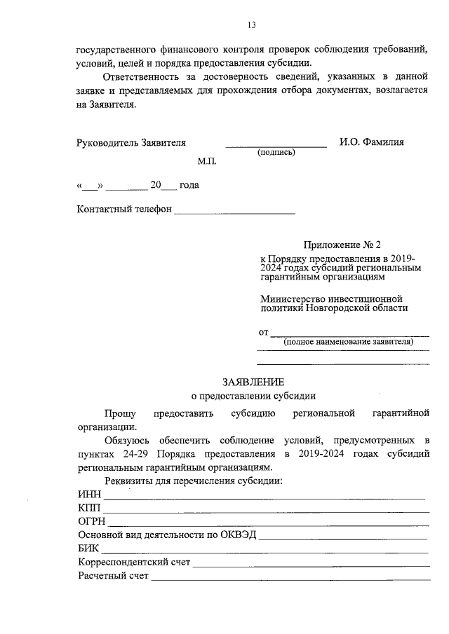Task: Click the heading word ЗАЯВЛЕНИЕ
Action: [253, 382]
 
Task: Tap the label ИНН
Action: [89, 495]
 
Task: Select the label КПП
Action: [89, 508]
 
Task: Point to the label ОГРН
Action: [92, 521]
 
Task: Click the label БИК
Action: [88, 549]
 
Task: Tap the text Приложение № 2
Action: [341, 245]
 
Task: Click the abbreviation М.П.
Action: [208, 161]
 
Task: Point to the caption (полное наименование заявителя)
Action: [348, 342]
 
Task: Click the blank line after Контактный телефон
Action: [234, 212]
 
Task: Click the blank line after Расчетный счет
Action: [290, 578]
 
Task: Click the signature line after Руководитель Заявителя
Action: [276, 145]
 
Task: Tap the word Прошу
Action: [120, 413]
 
